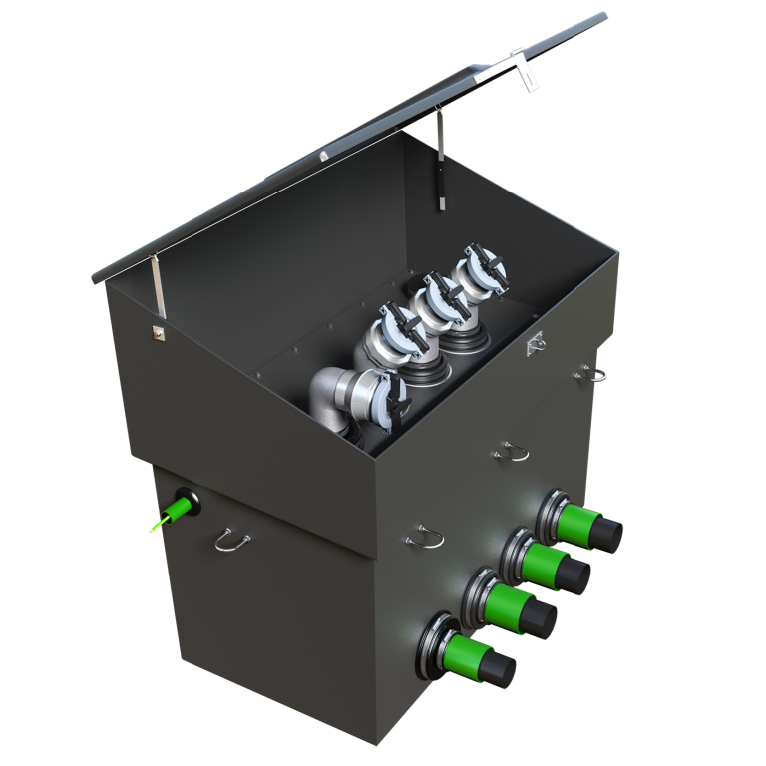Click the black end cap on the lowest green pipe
[497, 672]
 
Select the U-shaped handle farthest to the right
[594, 374]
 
